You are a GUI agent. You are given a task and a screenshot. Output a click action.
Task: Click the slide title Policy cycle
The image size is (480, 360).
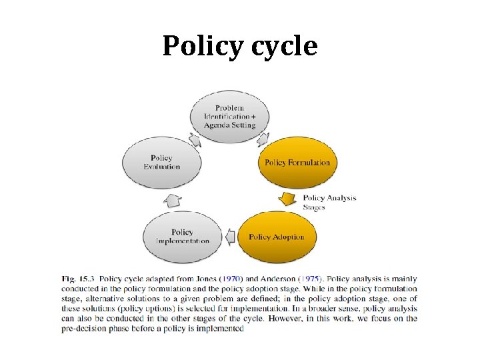(x=240, y=47)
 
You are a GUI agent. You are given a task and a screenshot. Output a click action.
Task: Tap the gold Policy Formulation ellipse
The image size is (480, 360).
(x=297, y=163)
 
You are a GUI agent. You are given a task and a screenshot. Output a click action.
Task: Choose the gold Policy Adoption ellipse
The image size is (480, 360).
(x=276, y=237)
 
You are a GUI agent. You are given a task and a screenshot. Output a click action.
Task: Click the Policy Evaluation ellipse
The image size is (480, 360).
(x=161, y=163)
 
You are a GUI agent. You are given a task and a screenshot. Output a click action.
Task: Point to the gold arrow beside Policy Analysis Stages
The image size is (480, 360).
(x=288, y=199)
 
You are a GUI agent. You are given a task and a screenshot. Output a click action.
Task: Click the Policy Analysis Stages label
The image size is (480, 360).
(x=329, y=202)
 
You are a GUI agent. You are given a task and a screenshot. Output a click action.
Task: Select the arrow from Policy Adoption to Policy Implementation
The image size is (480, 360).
(x=231, y=237)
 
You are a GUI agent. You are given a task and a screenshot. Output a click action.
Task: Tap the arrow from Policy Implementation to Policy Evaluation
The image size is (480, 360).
(x=173, y=199)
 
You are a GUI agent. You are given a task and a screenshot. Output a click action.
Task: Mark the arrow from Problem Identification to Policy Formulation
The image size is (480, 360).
(x=263, y=138)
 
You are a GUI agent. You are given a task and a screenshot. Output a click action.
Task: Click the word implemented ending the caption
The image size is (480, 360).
(x=223, y=329)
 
